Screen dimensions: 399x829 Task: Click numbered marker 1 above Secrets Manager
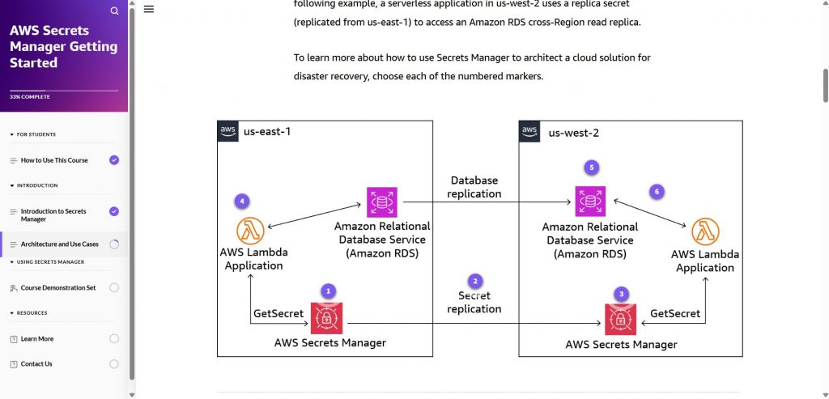(x=327, y=290)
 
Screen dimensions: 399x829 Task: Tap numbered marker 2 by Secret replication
(x=475, y=281)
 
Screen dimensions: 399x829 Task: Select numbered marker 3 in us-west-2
(x=621, y=294)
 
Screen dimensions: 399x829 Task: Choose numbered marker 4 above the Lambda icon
(x=240, y=200)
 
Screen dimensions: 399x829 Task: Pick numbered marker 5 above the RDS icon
(x=592, y=168)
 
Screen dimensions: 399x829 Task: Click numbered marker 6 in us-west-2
(x=657, y=192)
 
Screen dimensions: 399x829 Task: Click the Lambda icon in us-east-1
(x=251, y=231)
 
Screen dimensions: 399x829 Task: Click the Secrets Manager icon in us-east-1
(x=327, y=318)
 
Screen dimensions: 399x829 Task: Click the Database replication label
(x=474, y=187)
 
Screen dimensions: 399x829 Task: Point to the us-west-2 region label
(x=573, y=133)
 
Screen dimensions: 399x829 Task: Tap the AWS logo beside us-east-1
(x=228, y=131)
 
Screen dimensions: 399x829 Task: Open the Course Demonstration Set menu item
(x=58, y=287)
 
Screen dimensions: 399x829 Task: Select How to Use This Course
(x=54, y=160)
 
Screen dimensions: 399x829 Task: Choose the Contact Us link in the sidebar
(x=36, y=364)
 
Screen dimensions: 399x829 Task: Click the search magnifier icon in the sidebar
(x=114, y=11)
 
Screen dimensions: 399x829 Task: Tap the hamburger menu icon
(x=149, y=10)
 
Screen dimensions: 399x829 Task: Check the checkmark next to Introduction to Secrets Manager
(x=114, y=211)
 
